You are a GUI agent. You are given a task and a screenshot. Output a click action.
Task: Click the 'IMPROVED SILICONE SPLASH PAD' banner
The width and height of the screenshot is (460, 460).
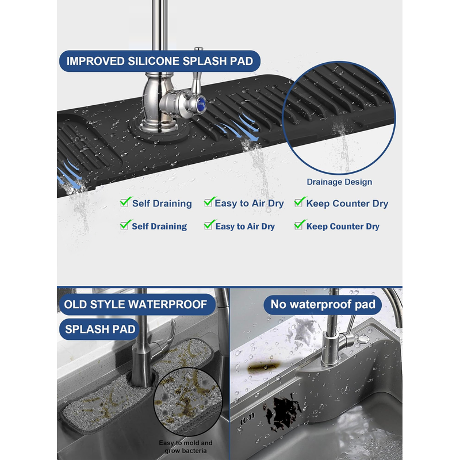coord(160,61)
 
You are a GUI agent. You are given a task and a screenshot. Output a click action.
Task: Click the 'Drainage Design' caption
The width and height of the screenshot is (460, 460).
coord(339,182)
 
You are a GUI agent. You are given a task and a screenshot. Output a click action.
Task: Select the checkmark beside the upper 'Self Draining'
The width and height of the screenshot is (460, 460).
coord(125,202)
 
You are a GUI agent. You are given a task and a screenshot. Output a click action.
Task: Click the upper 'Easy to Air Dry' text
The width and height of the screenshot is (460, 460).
coord(249,204)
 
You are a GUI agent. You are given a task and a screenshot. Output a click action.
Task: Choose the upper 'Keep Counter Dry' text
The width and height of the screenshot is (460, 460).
coord(347,204)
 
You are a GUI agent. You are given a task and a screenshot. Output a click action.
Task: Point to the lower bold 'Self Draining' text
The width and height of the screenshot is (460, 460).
coord(159,226)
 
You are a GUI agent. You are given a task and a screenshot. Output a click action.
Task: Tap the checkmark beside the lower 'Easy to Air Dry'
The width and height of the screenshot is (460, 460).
coord(210,225)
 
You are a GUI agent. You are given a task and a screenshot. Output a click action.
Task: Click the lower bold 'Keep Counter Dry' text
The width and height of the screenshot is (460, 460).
coord(343,226)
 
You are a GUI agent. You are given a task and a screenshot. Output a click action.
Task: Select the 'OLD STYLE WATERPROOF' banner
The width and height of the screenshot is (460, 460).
coord(137,304)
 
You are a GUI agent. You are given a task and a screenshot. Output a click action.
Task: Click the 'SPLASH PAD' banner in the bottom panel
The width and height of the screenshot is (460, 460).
coord(99,329)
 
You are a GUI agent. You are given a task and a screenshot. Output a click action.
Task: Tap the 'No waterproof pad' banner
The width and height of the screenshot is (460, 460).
coord(323,304)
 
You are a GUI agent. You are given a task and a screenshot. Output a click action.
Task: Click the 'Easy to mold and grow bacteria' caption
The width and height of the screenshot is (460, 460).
coord(186,447)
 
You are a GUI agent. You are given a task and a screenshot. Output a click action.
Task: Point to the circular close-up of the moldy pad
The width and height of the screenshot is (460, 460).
coord(188,401)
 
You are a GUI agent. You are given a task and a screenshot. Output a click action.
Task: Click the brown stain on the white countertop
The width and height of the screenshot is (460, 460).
coord(264,367)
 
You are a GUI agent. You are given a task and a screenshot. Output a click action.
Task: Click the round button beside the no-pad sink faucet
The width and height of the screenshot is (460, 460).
coord(363,339)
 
